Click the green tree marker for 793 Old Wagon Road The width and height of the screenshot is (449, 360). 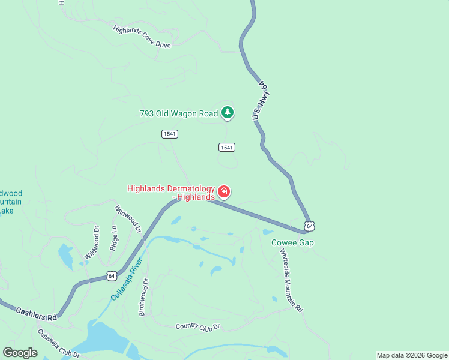point(228,112)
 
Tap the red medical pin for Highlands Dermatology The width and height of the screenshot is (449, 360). point(224,191)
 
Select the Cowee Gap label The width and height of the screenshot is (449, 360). point(292,242)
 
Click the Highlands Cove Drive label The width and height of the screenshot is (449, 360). point(142,36)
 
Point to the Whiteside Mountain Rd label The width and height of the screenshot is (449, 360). point(292,280)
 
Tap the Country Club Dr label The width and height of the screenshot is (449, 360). point(198,326)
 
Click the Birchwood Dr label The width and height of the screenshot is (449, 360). point(143,296)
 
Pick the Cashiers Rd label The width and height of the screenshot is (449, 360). point(36,313)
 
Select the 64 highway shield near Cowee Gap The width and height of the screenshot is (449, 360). point(309,226)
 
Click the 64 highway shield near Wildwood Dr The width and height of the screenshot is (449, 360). point(112,275)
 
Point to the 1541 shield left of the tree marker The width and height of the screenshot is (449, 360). point(170,134)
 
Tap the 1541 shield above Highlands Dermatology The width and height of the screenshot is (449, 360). point(226,147)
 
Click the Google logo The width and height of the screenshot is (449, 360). point(20,353)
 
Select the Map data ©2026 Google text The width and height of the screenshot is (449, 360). point(412,355)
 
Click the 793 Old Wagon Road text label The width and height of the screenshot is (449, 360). point(178,113)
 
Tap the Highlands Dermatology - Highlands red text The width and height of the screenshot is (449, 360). point(171,193)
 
